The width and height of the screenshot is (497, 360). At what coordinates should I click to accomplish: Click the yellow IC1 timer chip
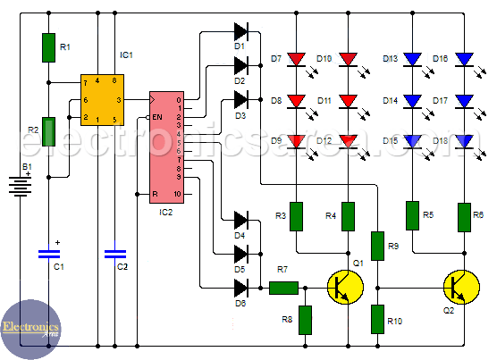pyautogui.click(x=101, y=99)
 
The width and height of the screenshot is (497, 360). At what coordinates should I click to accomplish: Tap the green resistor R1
pyautogui.click(x=49, y=48)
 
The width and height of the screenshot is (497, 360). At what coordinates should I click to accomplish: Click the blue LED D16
pyautogui.click(x=464, y=60)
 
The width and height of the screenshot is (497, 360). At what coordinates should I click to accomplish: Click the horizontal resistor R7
pyautogui.click(x=283, y=288)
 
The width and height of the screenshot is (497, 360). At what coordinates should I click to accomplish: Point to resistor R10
pyautogui.click(x=378, y=317)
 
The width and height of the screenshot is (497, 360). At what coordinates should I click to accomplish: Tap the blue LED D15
pyautogui.click(x=413, y=140)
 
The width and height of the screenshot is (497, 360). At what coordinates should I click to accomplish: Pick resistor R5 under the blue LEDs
pyautogui.click(x=413, y=215)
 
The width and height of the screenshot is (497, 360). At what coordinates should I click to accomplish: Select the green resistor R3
pyautogui.click(x=296, y=216)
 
